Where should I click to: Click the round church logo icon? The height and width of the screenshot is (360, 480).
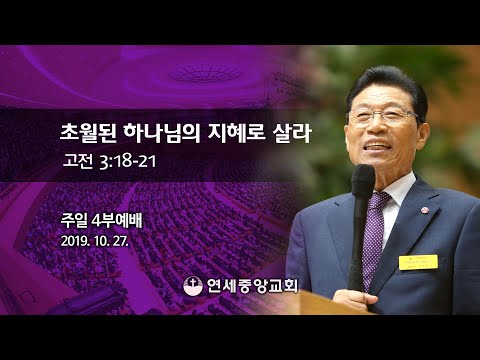(193, 284)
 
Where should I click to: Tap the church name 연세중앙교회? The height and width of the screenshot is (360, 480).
(250, 284)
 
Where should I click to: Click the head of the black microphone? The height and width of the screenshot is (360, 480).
(362, 181)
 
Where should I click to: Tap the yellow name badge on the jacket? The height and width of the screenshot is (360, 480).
(418, 262)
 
